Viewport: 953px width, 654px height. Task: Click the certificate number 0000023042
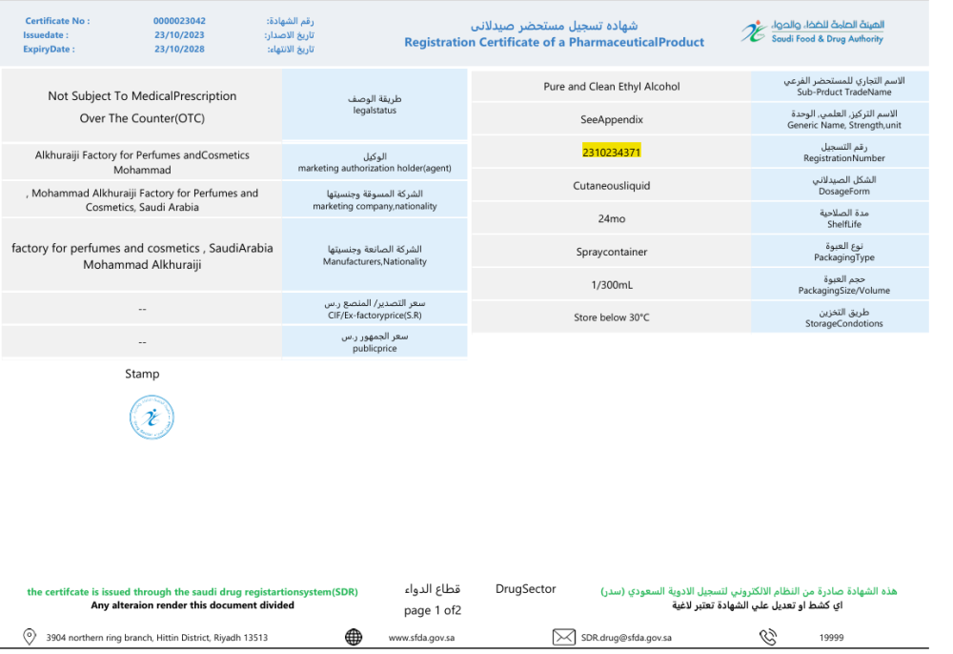click(x=179, y=20)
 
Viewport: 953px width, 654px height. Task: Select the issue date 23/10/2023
click(x=179, y=35)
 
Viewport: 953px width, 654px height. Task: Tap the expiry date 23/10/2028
click(x=179, y=50)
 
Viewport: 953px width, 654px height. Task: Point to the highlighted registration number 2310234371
click(x=612, y=152)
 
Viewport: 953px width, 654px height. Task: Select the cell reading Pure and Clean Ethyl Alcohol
click(x=612, y=87)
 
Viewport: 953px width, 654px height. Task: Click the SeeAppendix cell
click(x=612, y=120)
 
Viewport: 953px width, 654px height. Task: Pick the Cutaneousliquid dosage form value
click(x=612, y=186)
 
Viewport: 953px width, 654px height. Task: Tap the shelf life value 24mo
click(x=612, y=219)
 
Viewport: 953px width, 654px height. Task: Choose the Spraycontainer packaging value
click(x=612, y=253)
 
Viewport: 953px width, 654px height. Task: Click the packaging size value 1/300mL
click(x=612, y=285)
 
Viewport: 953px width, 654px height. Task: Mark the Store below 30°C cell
click(x=612, y=317)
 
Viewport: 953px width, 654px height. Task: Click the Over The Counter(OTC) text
click(x=142, y=119)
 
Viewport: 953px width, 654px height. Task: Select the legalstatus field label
click(x=375, y=111)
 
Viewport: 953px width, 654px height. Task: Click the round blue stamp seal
click(x=152, y=418)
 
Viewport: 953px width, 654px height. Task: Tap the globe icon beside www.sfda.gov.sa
click(x=354, y=637)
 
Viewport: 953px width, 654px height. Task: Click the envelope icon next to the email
click(x=564, y=637)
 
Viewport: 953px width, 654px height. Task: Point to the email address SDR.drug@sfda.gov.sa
click(x=626, y=638)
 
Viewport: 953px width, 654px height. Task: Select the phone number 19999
click(x=831, y=638)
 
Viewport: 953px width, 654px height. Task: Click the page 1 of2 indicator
click(x=433, y=610)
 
